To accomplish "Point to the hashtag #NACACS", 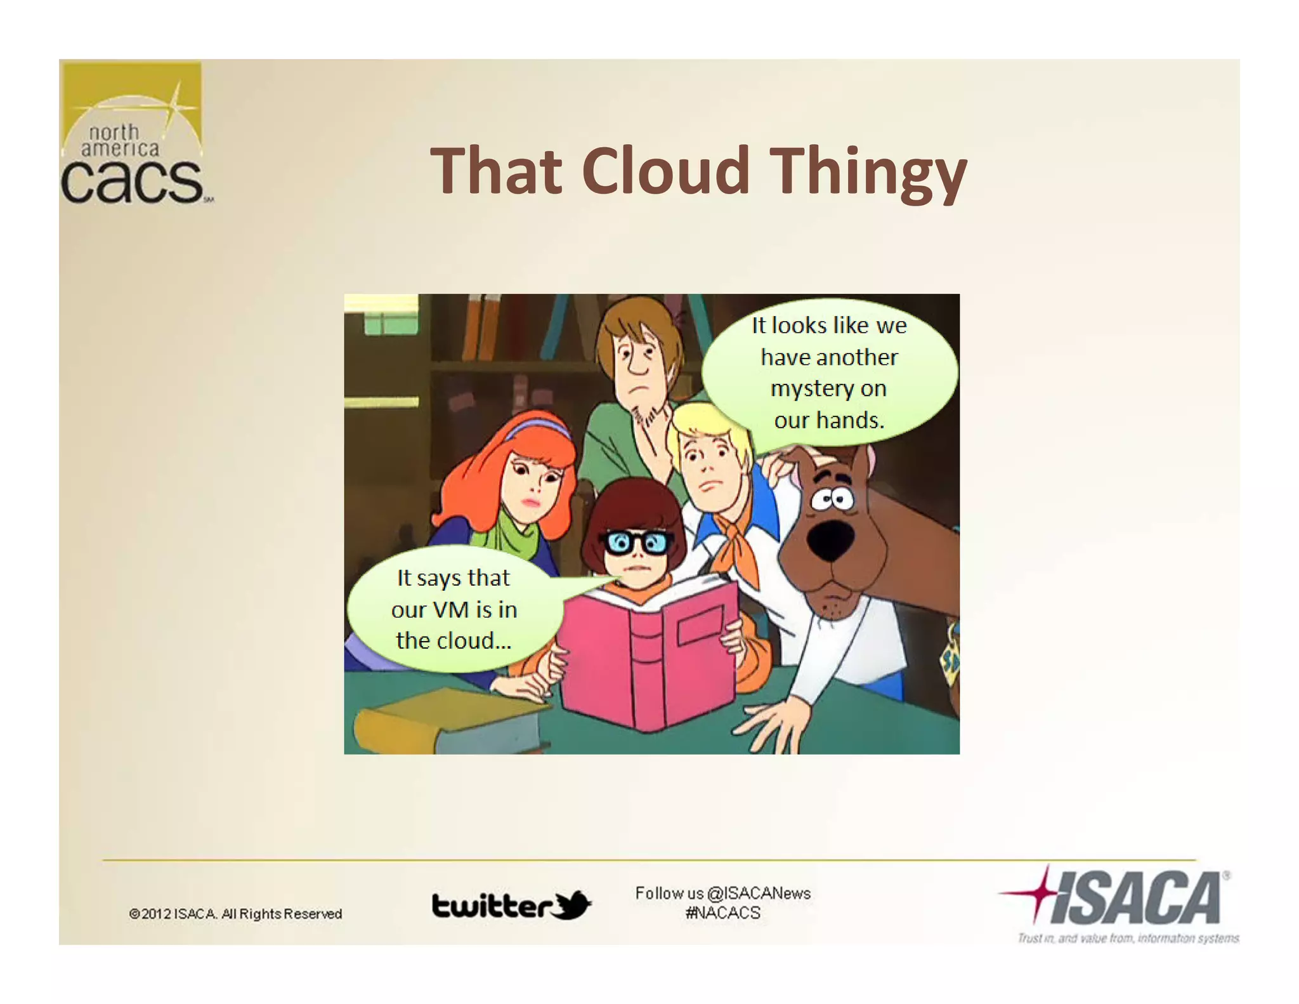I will click(x=722, y=913).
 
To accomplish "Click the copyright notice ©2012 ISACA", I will click(x=235, y=914).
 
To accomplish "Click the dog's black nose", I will click(x=830, y=539).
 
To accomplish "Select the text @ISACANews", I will click(x=759, y=893).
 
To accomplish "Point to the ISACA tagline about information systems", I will click(x=1128, y=938).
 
